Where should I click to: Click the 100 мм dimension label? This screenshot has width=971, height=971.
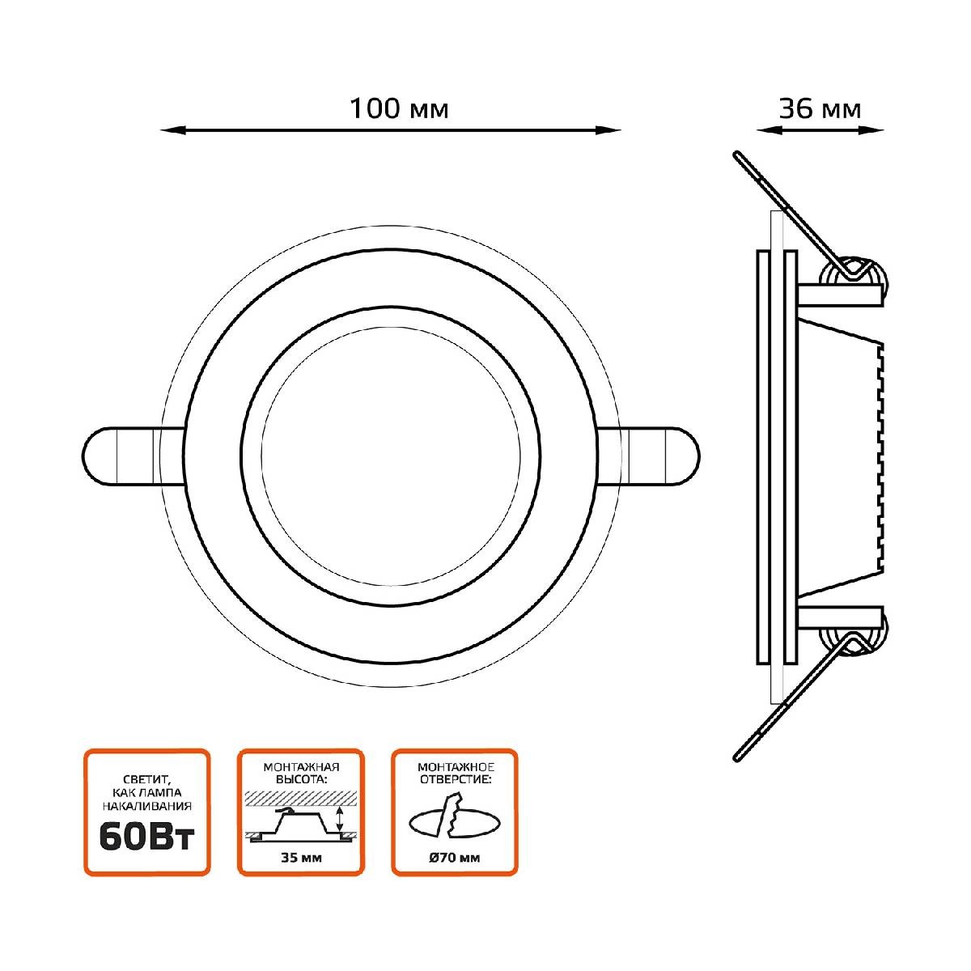pyautogui.click(x=399, y=108)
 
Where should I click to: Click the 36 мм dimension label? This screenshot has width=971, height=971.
pyautogui.click(x=819, y=108)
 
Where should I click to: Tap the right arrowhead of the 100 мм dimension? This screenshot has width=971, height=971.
pyautogui.click(x=613, y=129)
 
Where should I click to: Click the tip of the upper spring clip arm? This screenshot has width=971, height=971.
pyautogui.click(x=737, y=154)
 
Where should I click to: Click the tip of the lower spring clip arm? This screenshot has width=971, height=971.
pyautogui.click(x=737, y=757)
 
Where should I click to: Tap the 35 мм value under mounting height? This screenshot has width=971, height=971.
pyautogui.click(x=301, y=859)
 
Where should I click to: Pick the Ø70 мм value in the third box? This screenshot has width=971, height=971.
pyautogui.click(x=455, y=859)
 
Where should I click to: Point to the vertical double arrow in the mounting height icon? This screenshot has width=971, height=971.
pyautogui.click(x=341, y=819)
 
